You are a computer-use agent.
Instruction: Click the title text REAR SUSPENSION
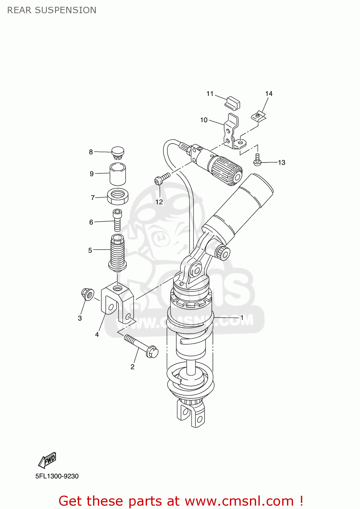52,10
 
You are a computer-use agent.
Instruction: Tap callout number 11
210,94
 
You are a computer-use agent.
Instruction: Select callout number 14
269,94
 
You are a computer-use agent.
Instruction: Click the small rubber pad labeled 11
233,102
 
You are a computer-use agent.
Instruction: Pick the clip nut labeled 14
258,116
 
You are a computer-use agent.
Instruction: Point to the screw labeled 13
257,160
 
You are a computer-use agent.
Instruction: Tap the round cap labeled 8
118,152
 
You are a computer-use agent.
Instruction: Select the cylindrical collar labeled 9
118,173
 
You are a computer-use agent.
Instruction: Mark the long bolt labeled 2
141,346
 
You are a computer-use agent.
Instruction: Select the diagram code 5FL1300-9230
57,476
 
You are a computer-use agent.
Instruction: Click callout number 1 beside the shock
242,318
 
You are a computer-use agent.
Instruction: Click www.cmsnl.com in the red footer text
239,501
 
